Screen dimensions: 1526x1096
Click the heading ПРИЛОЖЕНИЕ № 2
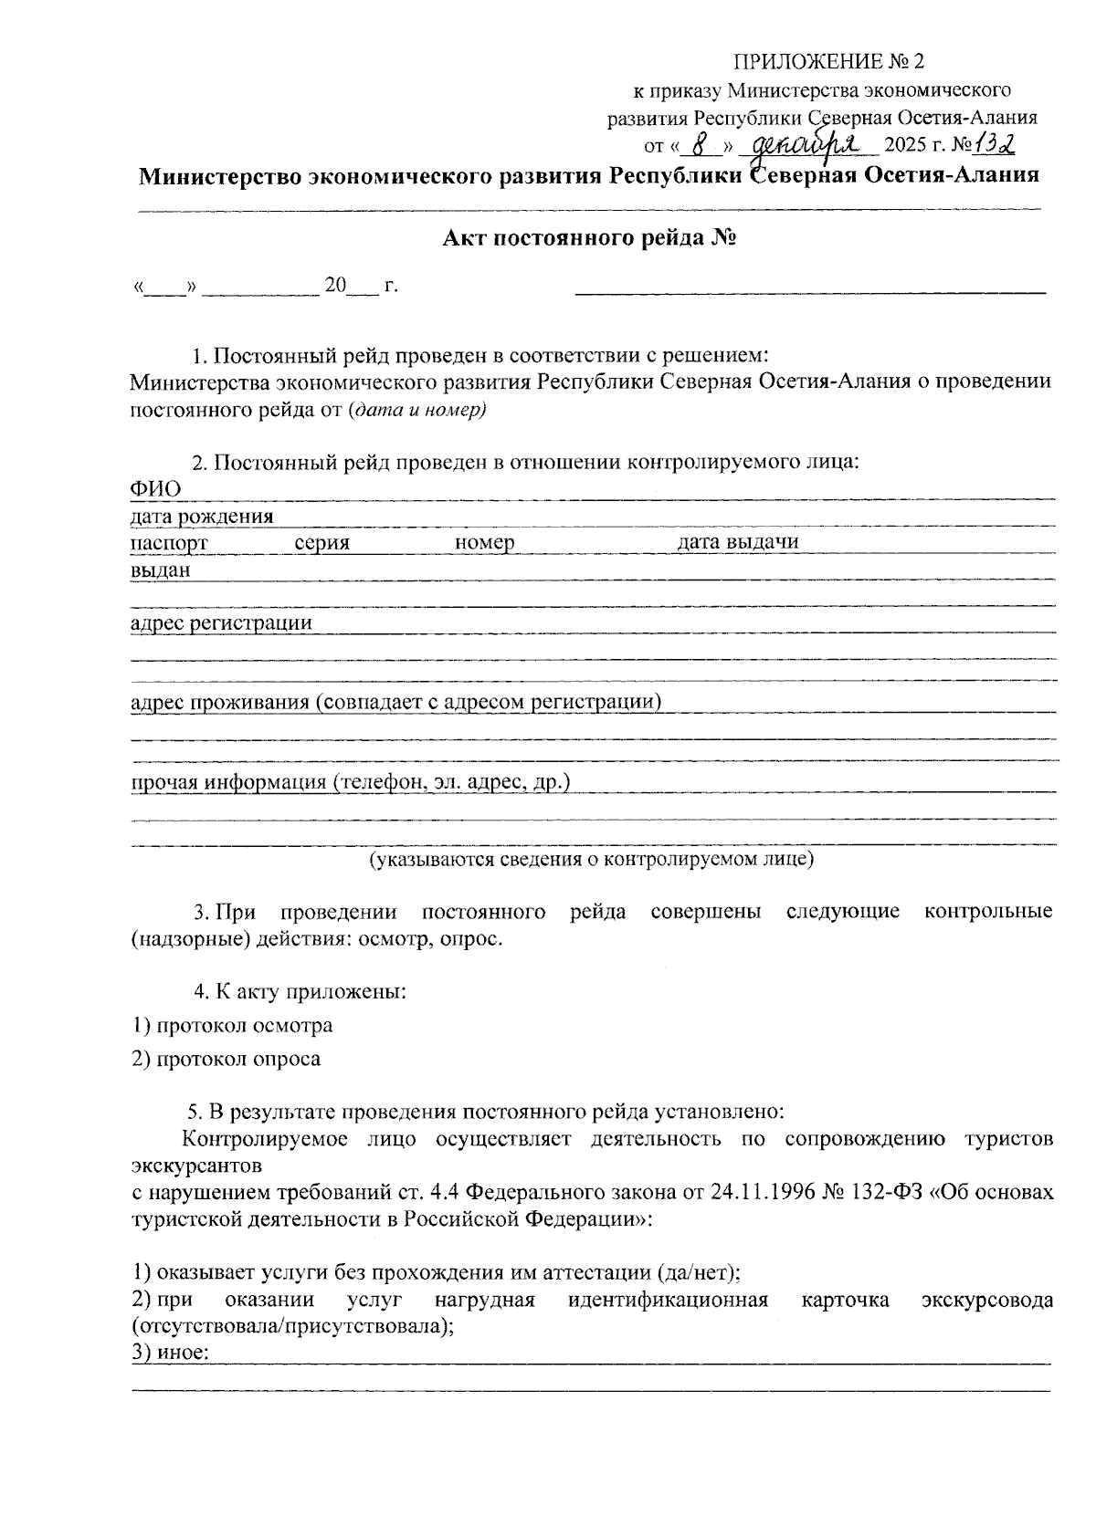pos(829,62)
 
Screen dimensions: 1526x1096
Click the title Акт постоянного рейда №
pos(589,239)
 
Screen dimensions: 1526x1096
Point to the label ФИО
pos(155,489)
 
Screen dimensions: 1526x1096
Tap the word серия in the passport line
pos(322,543)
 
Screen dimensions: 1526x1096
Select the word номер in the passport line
pos(484,543)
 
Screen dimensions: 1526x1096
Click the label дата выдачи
pos(738,542)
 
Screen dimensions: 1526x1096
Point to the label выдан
pos(161,570)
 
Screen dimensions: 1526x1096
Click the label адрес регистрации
pos(221,623)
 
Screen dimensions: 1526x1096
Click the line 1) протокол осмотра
pos(232,1025)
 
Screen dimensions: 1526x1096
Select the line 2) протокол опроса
pos(227,1059)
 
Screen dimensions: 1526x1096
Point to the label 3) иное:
pos(171,1354)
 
